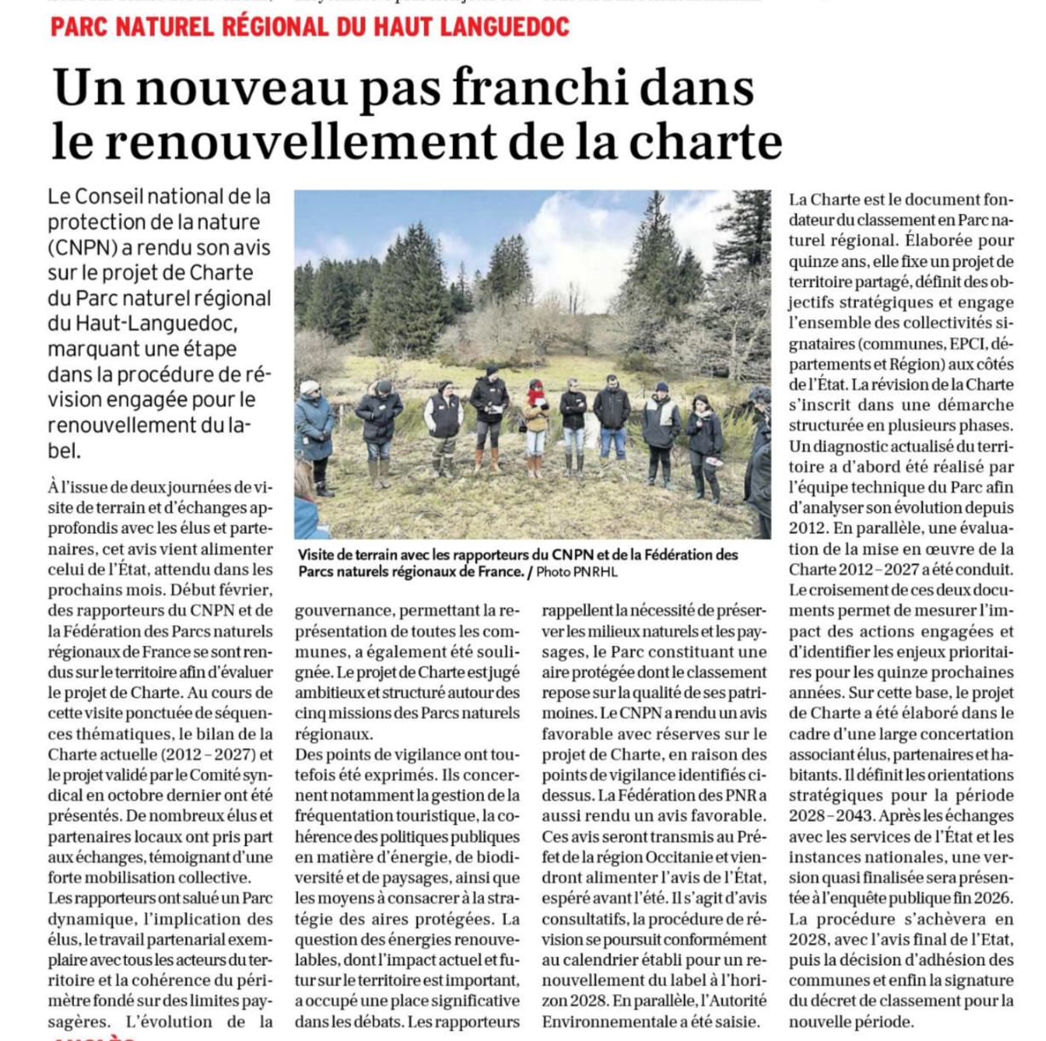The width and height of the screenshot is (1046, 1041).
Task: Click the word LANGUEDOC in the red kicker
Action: [x=504, y=27]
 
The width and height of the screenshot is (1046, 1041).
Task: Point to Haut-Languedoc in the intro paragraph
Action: [x=142, y=324]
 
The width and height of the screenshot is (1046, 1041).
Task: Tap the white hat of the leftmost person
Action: [x=308, y=387]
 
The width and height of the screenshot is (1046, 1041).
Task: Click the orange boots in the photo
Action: [x=486, y=461]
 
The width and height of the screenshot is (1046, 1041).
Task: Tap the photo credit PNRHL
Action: [x=595, y=572]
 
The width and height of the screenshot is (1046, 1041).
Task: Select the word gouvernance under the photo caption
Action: [x=344, y=611]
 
